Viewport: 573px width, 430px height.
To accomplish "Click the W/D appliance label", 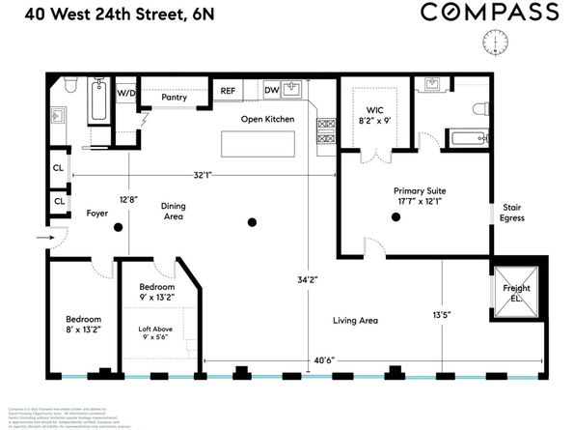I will (x=126, y=94).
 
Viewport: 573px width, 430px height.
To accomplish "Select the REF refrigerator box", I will (x=228, y=91).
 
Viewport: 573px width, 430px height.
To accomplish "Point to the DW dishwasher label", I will (x=273, y=91).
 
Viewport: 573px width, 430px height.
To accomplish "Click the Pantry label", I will (x=174, y=97).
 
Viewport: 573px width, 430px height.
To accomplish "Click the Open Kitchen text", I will (x=267, y=119).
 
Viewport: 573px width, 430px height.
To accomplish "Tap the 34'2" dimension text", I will (x=308, y=280).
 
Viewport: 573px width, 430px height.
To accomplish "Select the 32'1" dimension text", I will (x=203, y=175).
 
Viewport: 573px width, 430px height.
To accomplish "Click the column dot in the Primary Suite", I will (x=396, y=218).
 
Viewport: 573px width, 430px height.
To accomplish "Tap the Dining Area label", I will (x=174, y=211).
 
